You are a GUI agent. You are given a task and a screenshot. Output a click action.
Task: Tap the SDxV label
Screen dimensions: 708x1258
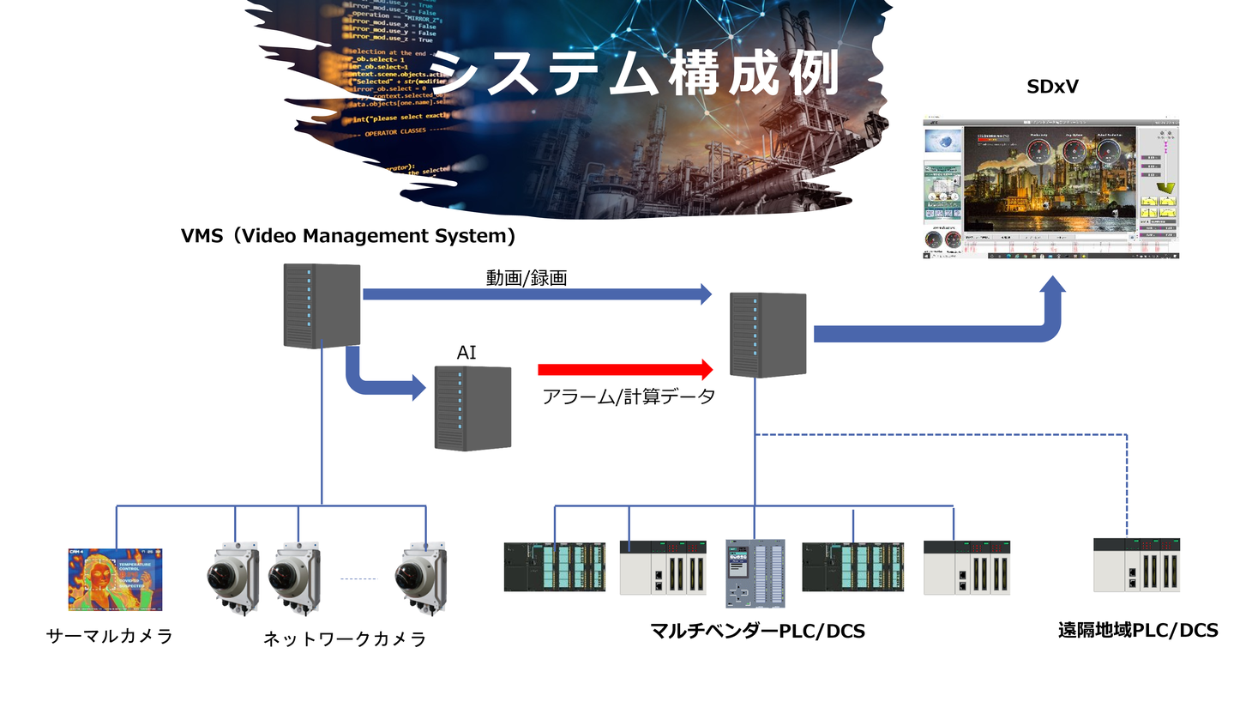[x=1052, y=87]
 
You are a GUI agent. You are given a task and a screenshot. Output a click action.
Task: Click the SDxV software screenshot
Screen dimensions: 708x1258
[x=1050, y=188]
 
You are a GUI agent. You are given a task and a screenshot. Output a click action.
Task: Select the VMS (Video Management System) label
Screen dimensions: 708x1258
[x=348, y=236]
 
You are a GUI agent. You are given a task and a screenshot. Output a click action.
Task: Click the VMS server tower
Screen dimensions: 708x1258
[x=322, y=306]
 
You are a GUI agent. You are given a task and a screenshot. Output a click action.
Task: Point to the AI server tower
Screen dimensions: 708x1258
[x=473, y=408]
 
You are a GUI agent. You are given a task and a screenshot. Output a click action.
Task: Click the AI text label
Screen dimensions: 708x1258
[x=466, y=353]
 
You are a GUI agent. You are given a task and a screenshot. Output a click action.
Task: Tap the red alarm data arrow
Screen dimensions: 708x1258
[x=624, y=370]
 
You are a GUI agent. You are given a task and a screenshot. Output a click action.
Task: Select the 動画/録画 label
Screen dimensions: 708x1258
[x=526, y=277]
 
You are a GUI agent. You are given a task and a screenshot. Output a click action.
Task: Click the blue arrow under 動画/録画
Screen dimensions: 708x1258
[x=537, y=294]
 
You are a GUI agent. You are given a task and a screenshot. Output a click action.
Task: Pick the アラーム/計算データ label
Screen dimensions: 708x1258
[x=628, y=396]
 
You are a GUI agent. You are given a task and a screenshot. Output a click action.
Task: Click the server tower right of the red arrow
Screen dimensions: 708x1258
[x=767, y=335]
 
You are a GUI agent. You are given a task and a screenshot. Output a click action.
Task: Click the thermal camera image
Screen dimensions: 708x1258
[x=115, y=579]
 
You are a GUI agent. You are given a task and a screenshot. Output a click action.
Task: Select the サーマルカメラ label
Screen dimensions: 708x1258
[x=110, y=636]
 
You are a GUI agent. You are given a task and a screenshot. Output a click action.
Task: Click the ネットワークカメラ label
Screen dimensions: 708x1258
[x=344, y=638]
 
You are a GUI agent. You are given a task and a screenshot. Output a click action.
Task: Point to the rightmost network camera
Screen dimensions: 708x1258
[x=420, y=578]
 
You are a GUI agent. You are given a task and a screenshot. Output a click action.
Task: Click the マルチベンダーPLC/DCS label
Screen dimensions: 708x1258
[x=757, y=632]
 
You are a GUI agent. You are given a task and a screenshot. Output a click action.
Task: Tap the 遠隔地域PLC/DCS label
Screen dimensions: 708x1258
[x=1137, y=631]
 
